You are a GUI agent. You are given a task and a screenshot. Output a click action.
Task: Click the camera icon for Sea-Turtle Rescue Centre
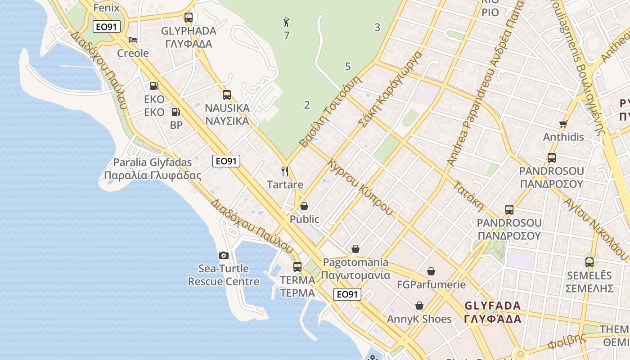pos(223,256)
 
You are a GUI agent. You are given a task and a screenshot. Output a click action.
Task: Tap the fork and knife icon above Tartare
pos(284,171)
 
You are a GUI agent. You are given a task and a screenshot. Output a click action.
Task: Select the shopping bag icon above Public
pos(304,206)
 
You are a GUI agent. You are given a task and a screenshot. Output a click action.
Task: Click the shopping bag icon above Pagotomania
pos(355,249)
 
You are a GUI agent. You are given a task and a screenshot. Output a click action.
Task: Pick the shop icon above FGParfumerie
pos(431,271)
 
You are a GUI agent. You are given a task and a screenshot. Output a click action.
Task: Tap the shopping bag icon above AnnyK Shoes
pos(419,306)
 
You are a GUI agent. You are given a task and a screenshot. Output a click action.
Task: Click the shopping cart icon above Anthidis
pos(563,124)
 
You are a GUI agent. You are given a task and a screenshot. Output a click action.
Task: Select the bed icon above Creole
pos(132,40)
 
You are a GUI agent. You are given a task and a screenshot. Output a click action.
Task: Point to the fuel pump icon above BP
pos(176,112)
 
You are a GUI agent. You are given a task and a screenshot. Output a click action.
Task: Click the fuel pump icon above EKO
pos(154,86)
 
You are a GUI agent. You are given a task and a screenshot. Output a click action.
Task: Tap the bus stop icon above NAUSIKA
pos(227,95)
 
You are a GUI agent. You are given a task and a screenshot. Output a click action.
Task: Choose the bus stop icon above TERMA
pos(297,266)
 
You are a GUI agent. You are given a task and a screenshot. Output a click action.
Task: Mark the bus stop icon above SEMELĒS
pos(589,262)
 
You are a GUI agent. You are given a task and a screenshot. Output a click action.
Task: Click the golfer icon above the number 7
pos(286,22)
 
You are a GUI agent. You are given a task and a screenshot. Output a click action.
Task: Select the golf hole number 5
pos(347,67)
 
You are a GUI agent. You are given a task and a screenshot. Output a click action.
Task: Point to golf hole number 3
pos(377,27)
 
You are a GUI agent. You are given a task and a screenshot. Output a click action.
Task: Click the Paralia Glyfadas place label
pos(153,169)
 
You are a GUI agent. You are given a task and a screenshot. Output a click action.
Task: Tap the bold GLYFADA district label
pos(492,312)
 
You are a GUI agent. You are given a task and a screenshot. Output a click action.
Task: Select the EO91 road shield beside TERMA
pos(348,294)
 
